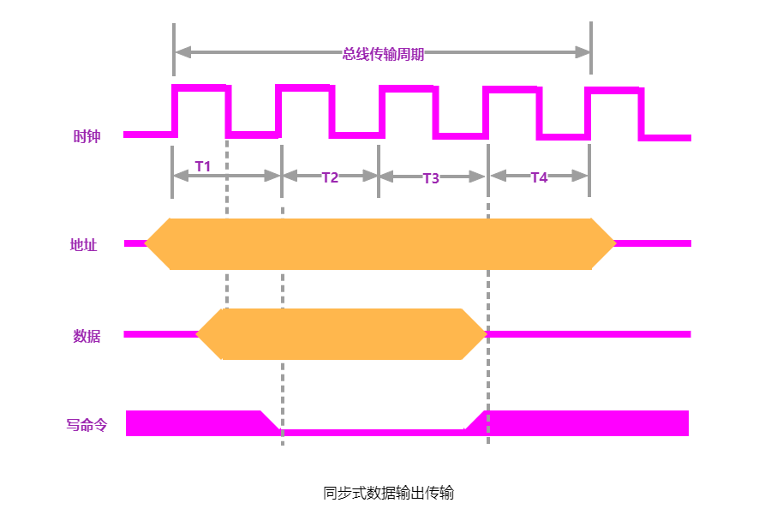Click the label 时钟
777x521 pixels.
87,136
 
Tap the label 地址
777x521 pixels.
84,245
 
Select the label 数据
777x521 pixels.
87,336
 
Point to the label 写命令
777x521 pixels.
87,424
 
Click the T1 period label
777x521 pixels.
203,166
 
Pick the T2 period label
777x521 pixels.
330,177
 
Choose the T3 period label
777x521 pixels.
431,178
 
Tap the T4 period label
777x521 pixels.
539,177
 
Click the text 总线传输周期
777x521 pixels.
383,54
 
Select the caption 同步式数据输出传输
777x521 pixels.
388,493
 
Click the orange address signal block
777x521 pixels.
380,244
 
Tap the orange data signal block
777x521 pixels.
343,334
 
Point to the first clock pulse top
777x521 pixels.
201,87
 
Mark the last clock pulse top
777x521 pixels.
613,90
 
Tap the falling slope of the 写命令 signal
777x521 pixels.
270,421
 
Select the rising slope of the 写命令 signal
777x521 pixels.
475,420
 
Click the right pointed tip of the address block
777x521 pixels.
613,244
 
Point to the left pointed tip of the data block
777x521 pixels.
200,334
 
